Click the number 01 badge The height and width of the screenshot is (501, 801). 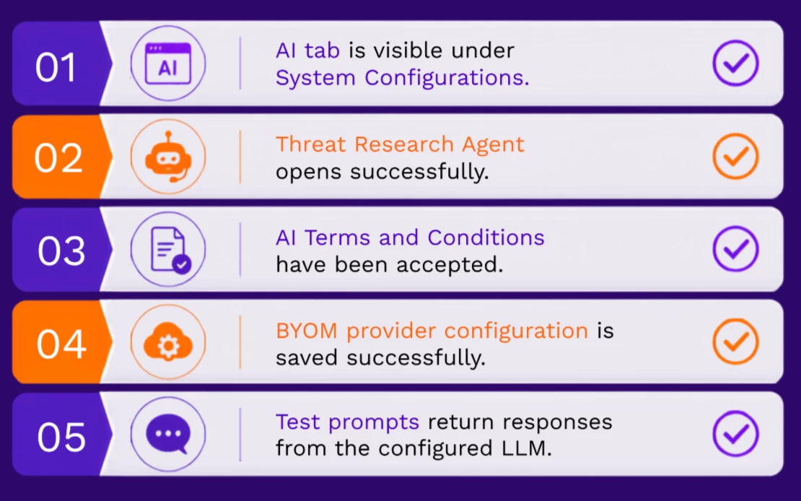point(56,67)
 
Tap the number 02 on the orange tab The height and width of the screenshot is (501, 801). point(58,158)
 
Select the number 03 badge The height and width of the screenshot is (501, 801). point(61,251)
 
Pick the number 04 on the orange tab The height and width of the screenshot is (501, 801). point(61,344)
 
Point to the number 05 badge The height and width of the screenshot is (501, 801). point(61,437)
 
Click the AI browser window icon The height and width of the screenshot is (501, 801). point(168,64)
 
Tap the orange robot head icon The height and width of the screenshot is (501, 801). point(168,157)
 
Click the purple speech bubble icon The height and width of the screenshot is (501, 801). point(168,434)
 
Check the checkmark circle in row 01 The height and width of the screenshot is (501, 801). point(735,64)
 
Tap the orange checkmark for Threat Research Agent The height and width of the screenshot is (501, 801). point(735,157)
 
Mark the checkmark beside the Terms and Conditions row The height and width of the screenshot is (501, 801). point(735,249)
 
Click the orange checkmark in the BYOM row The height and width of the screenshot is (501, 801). point(735,341)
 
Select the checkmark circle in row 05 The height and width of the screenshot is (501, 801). point(735,434)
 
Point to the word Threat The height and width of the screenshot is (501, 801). point(310,144)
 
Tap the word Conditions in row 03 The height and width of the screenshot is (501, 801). point(486,238)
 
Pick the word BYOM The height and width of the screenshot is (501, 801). point(307,331)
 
